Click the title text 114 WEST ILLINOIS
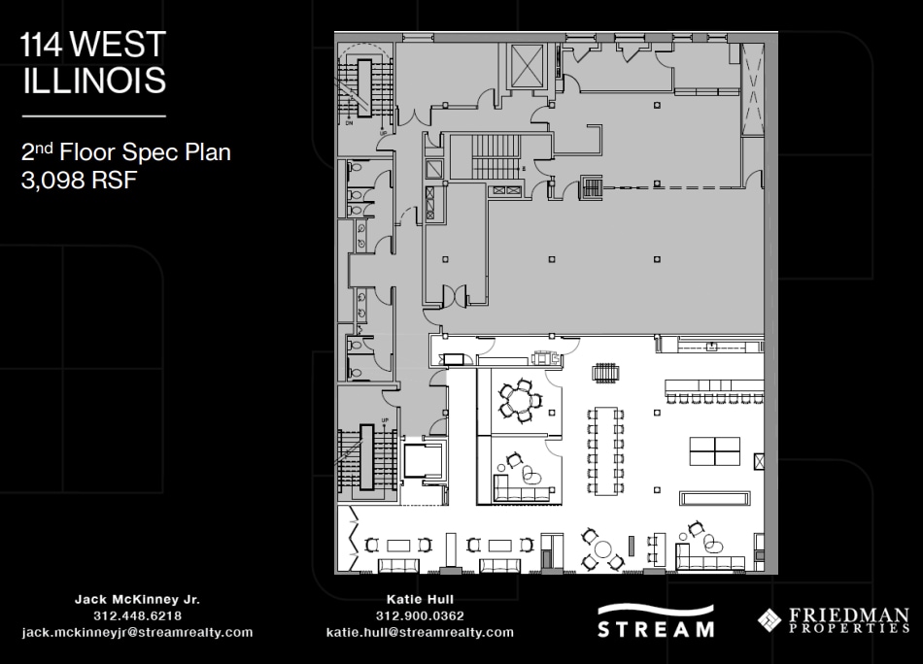point(93,62)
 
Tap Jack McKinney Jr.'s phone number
point(137,615)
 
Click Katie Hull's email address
point(420,632)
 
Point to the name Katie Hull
point(420,599)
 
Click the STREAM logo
point(656,621)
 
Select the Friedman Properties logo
point(834,620)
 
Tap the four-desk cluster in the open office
point(715,450)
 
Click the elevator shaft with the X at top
point(527,66)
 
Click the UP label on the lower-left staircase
point(386,420)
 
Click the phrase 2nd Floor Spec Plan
point(125,151)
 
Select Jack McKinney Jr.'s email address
point(137,632)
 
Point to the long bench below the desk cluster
point(714,498)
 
